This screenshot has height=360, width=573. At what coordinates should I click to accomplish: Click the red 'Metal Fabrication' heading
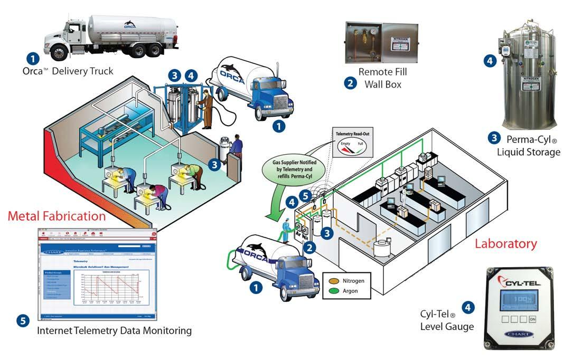click(x=57, y=215)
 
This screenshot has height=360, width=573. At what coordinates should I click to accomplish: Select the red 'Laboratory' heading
click(x=505, y=244)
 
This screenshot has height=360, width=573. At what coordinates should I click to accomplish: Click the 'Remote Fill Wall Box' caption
click(x=382, y=78)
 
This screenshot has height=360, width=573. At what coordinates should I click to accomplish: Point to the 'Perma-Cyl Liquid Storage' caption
click(x=528, y=147)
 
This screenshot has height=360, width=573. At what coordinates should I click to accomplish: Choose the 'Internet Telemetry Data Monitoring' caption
click(x=114, y=331)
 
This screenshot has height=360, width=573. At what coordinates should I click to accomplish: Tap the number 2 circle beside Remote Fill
click(x=350, y=82)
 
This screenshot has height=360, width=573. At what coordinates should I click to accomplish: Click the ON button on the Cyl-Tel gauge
click(x=532, y=319)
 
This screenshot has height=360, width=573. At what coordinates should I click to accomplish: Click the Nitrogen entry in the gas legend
click(x=353, y=280)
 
